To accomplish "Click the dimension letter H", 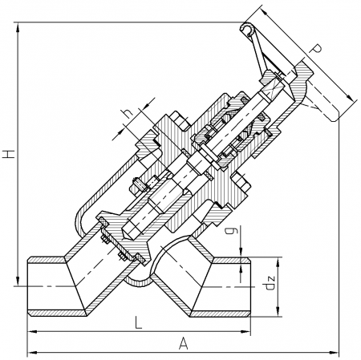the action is (10, 154).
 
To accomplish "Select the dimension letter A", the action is (184, 343).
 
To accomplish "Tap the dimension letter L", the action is (138, 322).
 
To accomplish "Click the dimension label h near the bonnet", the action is (128, 114).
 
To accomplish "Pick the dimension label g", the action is (230, 230).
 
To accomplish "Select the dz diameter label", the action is (270, 284).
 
